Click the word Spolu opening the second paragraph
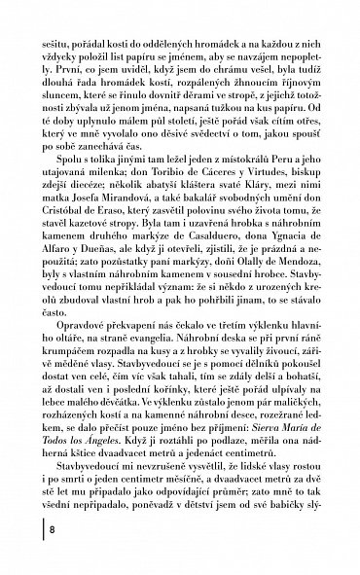[x=71, y=170]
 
